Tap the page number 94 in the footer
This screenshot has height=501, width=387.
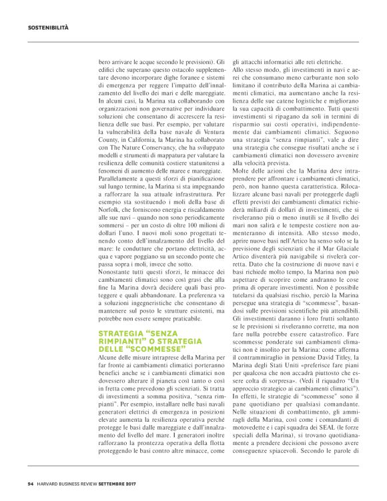[31, 484]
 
